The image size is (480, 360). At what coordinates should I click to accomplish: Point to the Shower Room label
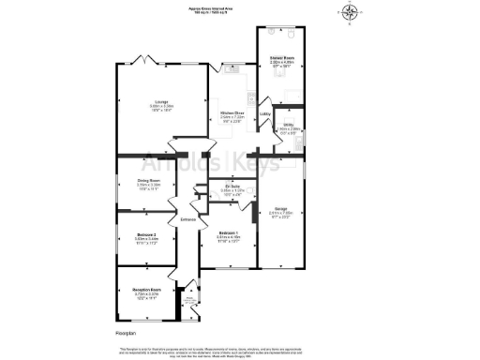pos(279,64)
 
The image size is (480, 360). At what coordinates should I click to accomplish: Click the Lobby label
pos(265,114)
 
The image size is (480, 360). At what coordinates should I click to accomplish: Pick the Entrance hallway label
pos(187,219)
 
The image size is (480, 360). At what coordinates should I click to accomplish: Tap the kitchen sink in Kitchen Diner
pos(231,67)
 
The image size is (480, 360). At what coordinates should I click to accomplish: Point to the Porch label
pos(188,301)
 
